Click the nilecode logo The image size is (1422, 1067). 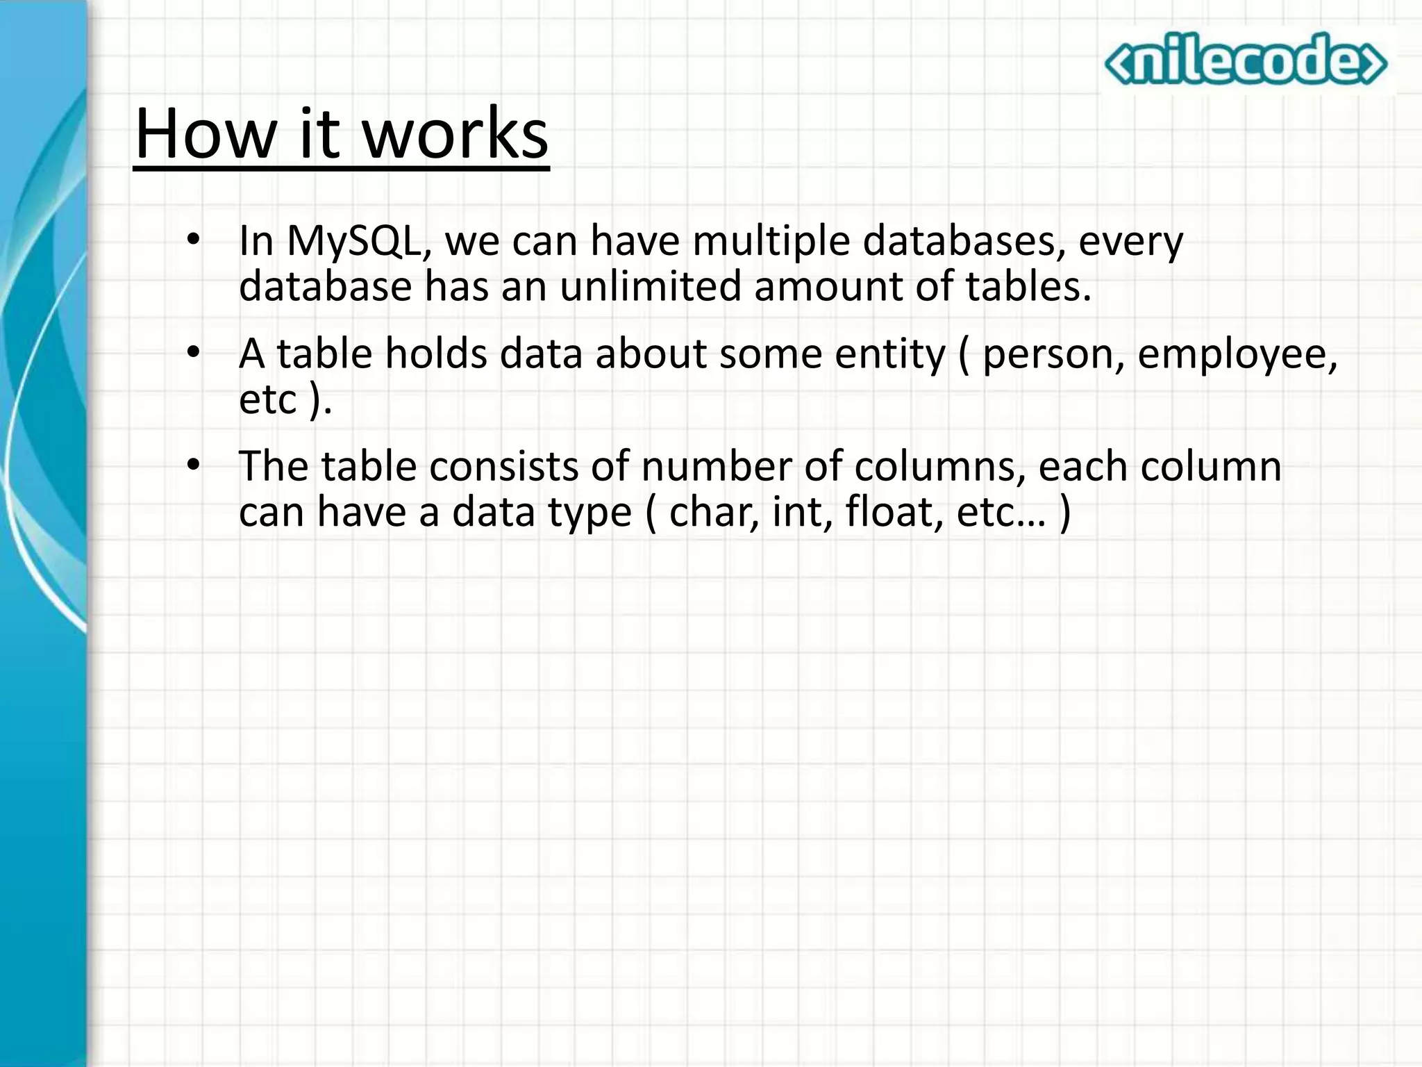(x=1246, y=60)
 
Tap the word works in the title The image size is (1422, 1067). (x=455, y=133)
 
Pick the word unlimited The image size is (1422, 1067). (x=651, y=286)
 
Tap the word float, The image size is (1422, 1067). (x=894, y=512)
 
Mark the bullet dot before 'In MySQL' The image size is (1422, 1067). (x=193, y=240)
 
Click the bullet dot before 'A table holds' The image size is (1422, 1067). (x=193, y=352)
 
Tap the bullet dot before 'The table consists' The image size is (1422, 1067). (x=193, y=464)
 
